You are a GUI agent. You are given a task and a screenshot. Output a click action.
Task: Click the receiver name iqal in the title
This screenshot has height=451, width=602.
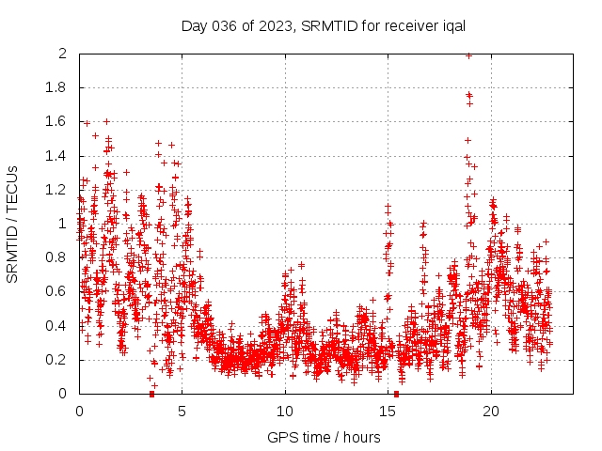452,25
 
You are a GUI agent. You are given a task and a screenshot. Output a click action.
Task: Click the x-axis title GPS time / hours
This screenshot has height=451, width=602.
324,437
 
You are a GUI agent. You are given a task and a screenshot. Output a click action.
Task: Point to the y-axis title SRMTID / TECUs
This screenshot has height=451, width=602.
12,224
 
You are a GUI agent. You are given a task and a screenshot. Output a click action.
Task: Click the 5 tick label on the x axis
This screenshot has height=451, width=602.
182,412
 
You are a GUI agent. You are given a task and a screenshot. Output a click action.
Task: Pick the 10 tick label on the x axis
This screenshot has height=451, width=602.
285,412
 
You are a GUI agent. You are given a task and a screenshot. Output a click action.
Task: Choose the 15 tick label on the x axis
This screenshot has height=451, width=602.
388,412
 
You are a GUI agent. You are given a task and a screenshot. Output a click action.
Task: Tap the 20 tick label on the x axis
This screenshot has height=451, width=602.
491,412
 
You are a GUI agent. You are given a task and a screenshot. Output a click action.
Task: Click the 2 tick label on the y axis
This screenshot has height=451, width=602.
62,54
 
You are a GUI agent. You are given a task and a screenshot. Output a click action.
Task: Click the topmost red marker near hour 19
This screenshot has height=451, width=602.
468,55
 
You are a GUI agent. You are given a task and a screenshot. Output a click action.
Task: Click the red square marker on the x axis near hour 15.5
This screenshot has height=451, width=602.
396,394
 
